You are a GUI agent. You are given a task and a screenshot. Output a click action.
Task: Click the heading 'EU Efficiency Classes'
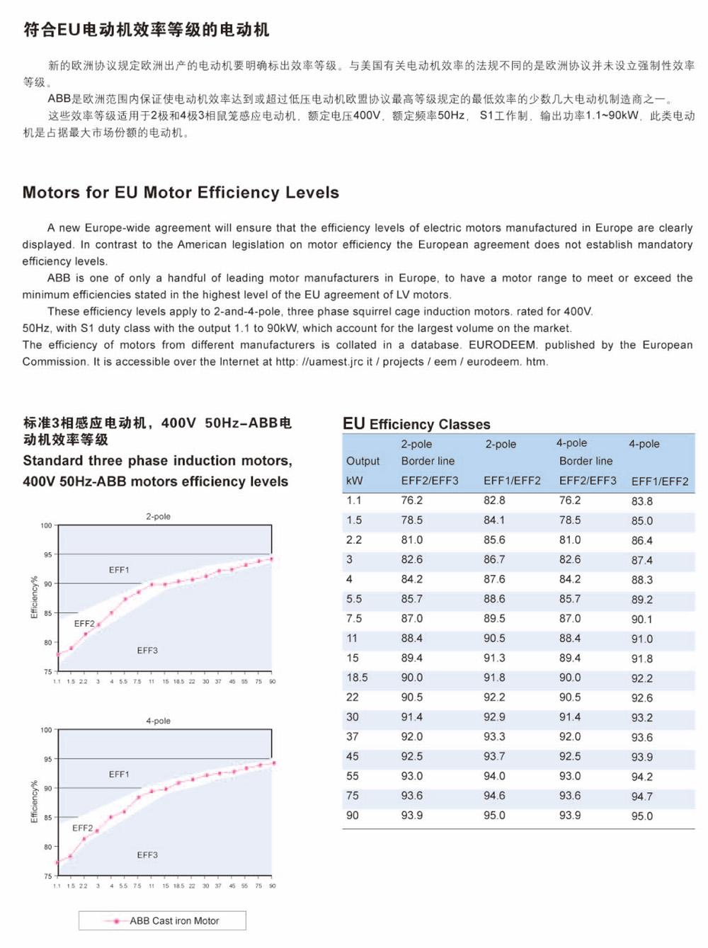tap(416, 424)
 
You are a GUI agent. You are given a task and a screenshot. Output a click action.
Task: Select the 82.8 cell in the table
tap(494, 501)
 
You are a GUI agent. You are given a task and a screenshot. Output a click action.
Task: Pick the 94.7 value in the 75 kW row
tap(642, 796)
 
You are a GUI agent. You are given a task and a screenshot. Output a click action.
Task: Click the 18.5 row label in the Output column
tap(357, 678)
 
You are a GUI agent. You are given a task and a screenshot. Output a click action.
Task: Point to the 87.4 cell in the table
tap(642, 560)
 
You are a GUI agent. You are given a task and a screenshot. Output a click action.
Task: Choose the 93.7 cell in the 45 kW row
tap(494, 757)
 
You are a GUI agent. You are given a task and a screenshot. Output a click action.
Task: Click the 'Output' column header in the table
tap(363, 461)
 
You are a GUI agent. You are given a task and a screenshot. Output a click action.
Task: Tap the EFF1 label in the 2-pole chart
tap(119, 570)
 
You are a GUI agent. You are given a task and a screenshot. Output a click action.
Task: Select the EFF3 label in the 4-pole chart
tap(147, 855)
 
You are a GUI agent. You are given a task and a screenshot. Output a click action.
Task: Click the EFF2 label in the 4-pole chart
tap(82, 828)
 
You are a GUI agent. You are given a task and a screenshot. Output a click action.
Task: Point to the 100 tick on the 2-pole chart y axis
tap(46, 525)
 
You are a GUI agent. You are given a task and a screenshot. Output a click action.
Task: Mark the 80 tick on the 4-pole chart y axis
tap(47, 847)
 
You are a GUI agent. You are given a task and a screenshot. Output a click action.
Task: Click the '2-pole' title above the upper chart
tap(158, 516)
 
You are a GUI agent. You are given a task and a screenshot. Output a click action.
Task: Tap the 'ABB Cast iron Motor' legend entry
tap(174, 921)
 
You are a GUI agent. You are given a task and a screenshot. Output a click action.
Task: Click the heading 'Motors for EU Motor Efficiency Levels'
tap(181, 193)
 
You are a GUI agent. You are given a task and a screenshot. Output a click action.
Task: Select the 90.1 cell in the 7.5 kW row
tap(642, 619)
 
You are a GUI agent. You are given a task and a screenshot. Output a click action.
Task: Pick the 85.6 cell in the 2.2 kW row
tap(494, 540)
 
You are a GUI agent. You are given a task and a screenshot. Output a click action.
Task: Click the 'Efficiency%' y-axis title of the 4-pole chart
tap(34, 801)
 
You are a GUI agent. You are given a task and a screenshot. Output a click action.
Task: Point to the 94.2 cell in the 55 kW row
tap(642, 777)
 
